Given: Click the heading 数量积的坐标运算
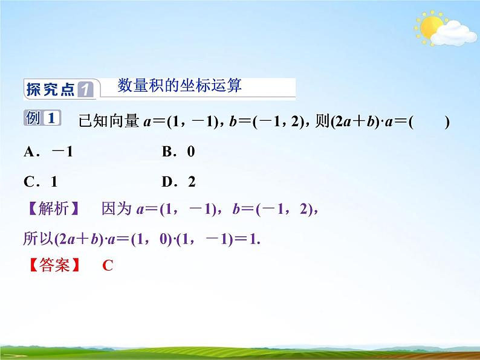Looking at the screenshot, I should [180, 86].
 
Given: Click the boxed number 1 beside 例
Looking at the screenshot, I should [52, 118].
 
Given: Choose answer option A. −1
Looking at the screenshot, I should [48, 152].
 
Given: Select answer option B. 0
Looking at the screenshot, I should [178, 152].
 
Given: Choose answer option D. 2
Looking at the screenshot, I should [179, 181].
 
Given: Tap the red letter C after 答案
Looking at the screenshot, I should [108, 265].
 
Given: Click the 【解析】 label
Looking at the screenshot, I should [51, 210].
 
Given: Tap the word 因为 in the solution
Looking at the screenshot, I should [117, 210].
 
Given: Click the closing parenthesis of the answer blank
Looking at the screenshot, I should [447, 121].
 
